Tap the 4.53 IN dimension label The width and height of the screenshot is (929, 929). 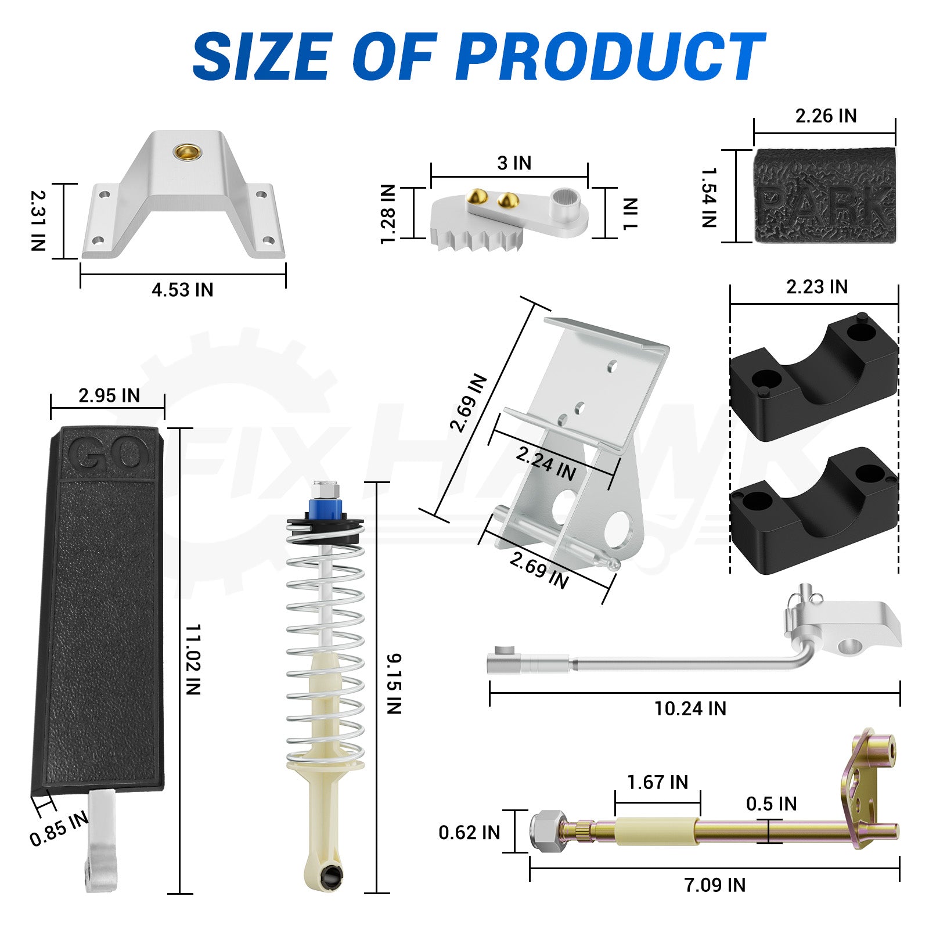click(182, 289)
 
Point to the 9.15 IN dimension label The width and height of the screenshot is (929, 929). click(394, 683)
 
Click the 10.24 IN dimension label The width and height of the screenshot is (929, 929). click(690, 708)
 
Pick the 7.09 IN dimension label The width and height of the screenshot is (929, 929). click(714, 885)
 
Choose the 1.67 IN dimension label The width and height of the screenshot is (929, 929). click(657, 782)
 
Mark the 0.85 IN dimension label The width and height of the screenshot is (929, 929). click(59, 829)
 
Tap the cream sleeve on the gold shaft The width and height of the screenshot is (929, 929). click(657, 831)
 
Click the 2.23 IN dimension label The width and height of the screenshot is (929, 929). click(817, 287)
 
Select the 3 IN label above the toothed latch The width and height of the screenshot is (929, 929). click(514, 163)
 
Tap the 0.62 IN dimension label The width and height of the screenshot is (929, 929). click(469, 833)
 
